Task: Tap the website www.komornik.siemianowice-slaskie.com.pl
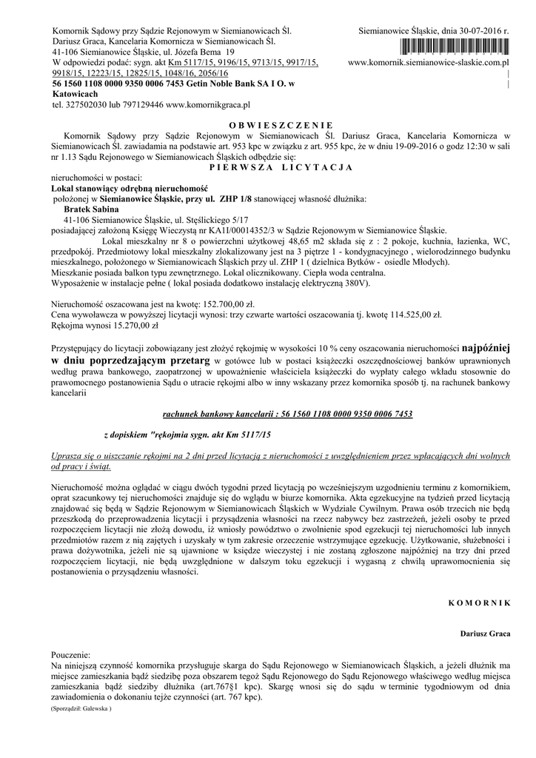[432, 64]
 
